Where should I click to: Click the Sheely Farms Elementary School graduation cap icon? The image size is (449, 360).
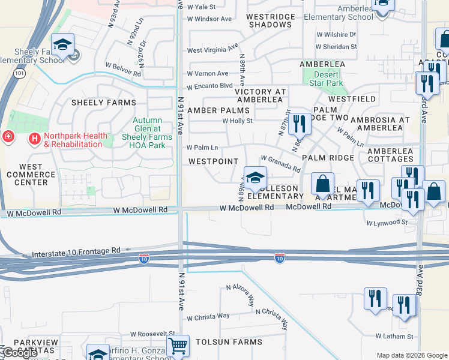click(62, 44)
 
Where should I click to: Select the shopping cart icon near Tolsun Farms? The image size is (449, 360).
click(178, 346)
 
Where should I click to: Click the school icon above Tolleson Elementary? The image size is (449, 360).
click(255, 178)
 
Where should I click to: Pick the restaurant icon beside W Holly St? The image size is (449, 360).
click(299, 124)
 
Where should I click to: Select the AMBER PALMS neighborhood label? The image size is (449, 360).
click(217, 110)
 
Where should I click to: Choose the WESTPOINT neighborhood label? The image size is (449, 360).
click(214, 161)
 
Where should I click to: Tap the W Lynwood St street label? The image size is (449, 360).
click(387, 223)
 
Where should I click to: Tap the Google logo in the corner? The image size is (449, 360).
click(20, 352)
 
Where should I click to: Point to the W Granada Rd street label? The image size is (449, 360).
click(280, 165)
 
